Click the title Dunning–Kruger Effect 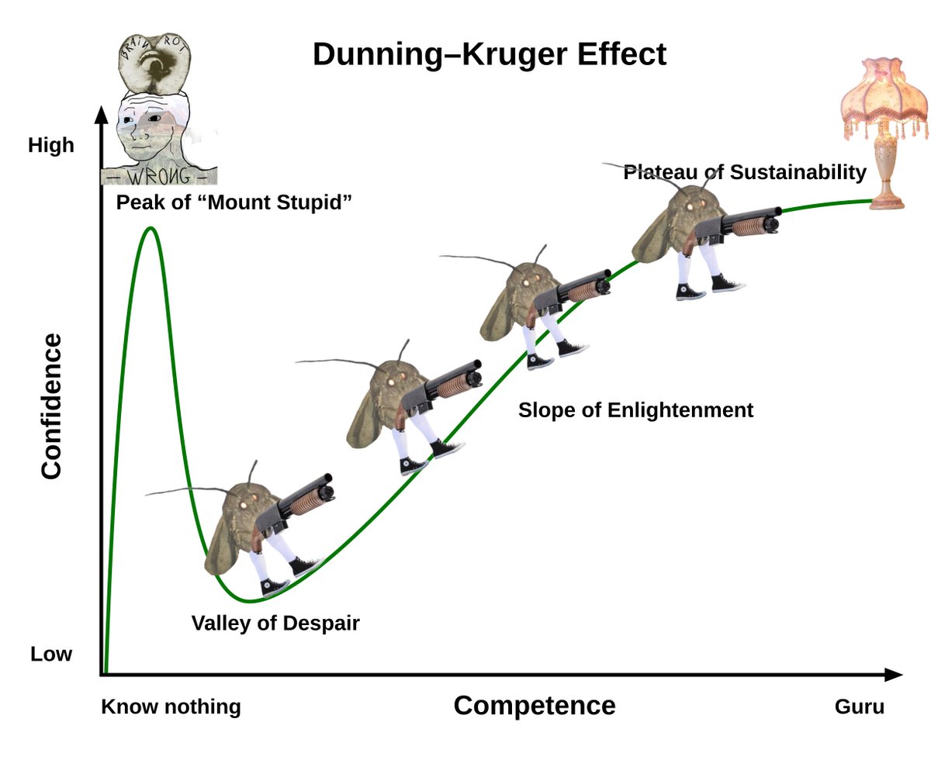489,55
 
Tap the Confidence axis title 51,406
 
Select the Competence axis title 534,705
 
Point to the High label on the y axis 51,145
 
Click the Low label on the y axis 51,654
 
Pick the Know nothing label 171,707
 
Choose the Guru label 859,707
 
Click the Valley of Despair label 275,623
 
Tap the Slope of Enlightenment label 635,409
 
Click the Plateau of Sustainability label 745,172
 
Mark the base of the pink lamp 887,202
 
